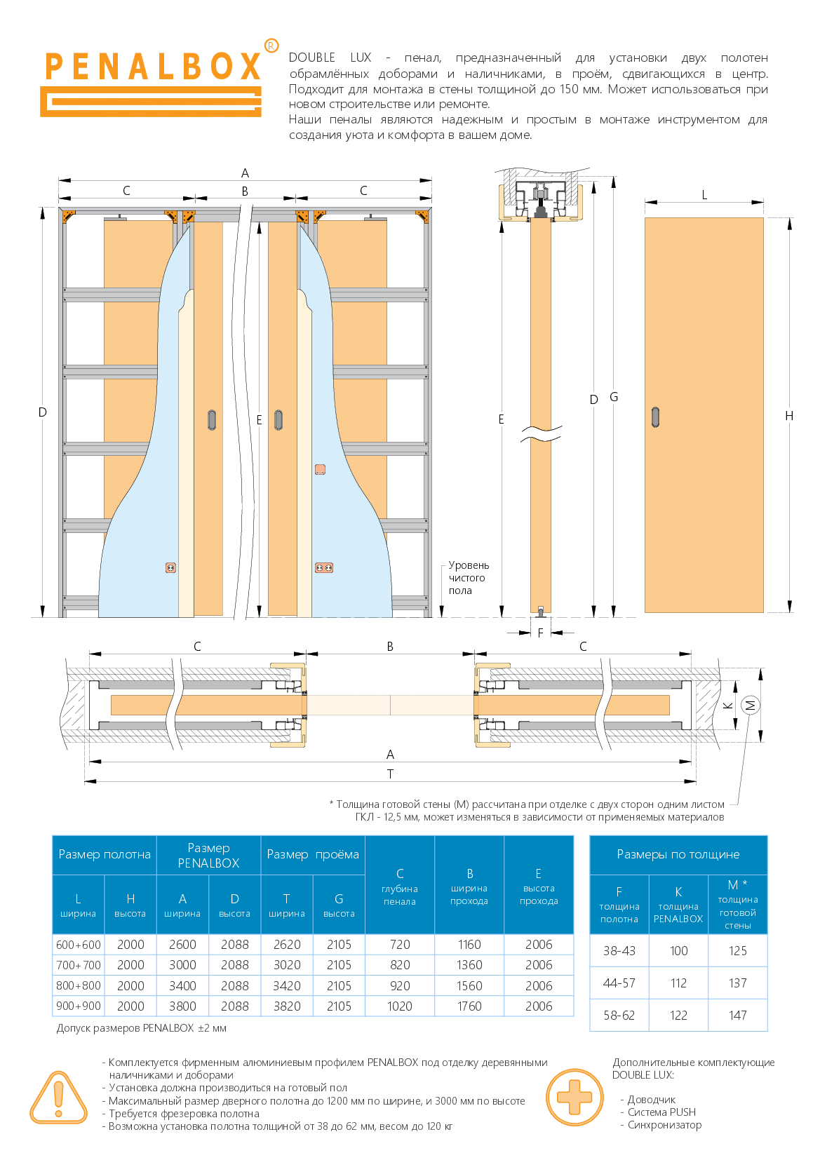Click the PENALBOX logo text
pyautogui.click(x=153, y=67)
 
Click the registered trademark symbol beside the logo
pyautogui.click(x=271, y=46)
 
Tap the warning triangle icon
pyautogui.click(x=58, y=1097)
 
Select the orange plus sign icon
pyautogui.click(x=574, y=1097)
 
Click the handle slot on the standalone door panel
pyautogui.click(x=655, y=417)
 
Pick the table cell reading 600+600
pyautogui.click(x=79, y=945)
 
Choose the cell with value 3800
pyautogui.click(x=182, y=1006)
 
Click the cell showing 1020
pyautogui.click(x=400, y=1006)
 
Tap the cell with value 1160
pyautogui.click(x=469, y=945)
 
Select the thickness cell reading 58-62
pyautogui.click(x=619, y=1015)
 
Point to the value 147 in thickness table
pyautogui.click(x=737, y=1015)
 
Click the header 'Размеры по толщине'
pyautogui.click(x=678, y=854)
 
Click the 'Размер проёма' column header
pyautogui.click(x=313, y=854)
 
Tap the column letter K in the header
pyautogui.click(x=678, y=891)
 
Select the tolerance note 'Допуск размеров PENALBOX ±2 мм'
pyautogui.click(x=142, y=1028)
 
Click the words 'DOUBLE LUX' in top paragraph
pyautogui.click(x=330, y=58)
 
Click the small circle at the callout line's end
pyautogui.click(x=751, y=705)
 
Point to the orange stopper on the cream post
pyautogui.click(x=320, y=469)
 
